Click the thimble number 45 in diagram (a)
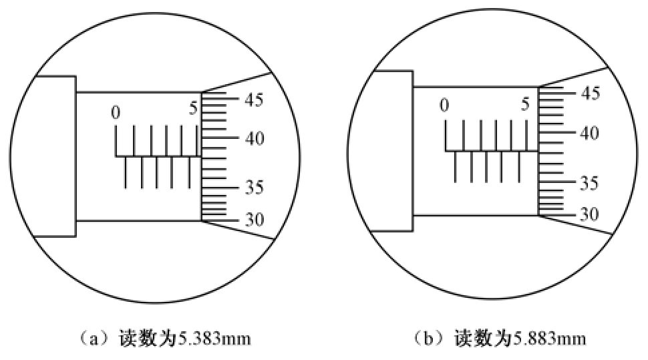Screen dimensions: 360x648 point(254,100)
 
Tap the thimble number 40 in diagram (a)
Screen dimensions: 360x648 point(254,139)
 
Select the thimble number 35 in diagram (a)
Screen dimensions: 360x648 point(254,188)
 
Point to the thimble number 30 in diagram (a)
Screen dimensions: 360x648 point(254,220)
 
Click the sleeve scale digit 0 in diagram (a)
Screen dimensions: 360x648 point(116,113)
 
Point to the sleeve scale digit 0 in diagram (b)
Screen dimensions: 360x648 point(444,106)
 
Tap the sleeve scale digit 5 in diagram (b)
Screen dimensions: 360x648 point(525,104)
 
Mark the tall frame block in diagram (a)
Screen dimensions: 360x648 point(55,156)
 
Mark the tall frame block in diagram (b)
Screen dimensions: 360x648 point(391,150)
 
